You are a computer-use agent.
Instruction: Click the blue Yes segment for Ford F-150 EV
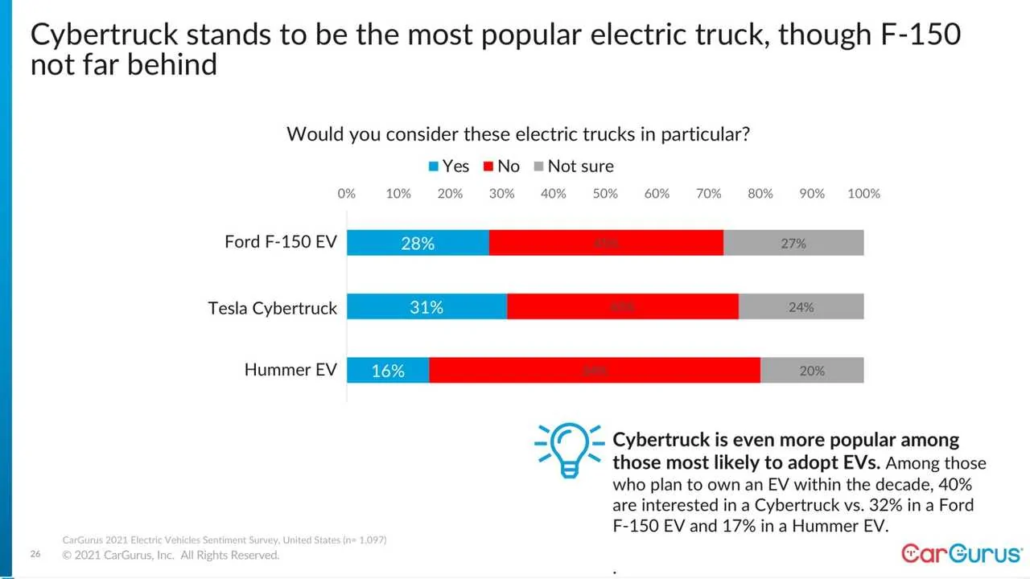pos(418,243)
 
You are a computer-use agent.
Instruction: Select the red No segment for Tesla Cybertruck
pos(622,306)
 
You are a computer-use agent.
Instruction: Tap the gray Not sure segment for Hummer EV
pos(812,371)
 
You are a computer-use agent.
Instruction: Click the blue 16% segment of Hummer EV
pos(388,371)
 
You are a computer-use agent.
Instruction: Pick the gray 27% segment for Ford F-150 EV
pos(793,243)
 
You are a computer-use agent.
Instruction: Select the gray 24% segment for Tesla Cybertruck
pos(801,306)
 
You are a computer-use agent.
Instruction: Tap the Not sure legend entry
pos(573,166)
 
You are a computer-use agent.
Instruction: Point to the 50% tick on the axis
pos(605,194)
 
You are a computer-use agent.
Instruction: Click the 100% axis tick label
pos(863,194)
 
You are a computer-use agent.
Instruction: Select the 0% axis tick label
pos(347,194)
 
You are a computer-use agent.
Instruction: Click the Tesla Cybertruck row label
pos(272,308)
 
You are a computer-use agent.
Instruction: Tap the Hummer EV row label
pos(290,371)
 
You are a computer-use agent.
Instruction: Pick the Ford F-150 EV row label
pos(280,242)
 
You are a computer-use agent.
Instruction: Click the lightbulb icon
pos(569,450)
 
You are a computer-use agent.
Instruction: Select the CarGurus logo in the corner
pos(961,553)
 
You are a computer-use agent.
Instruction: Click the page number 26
pos(35,555)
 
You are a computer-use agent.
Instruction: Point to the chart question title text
pos(518,134)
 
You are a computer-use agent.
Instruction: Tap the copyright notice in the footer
pos(171,556)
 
